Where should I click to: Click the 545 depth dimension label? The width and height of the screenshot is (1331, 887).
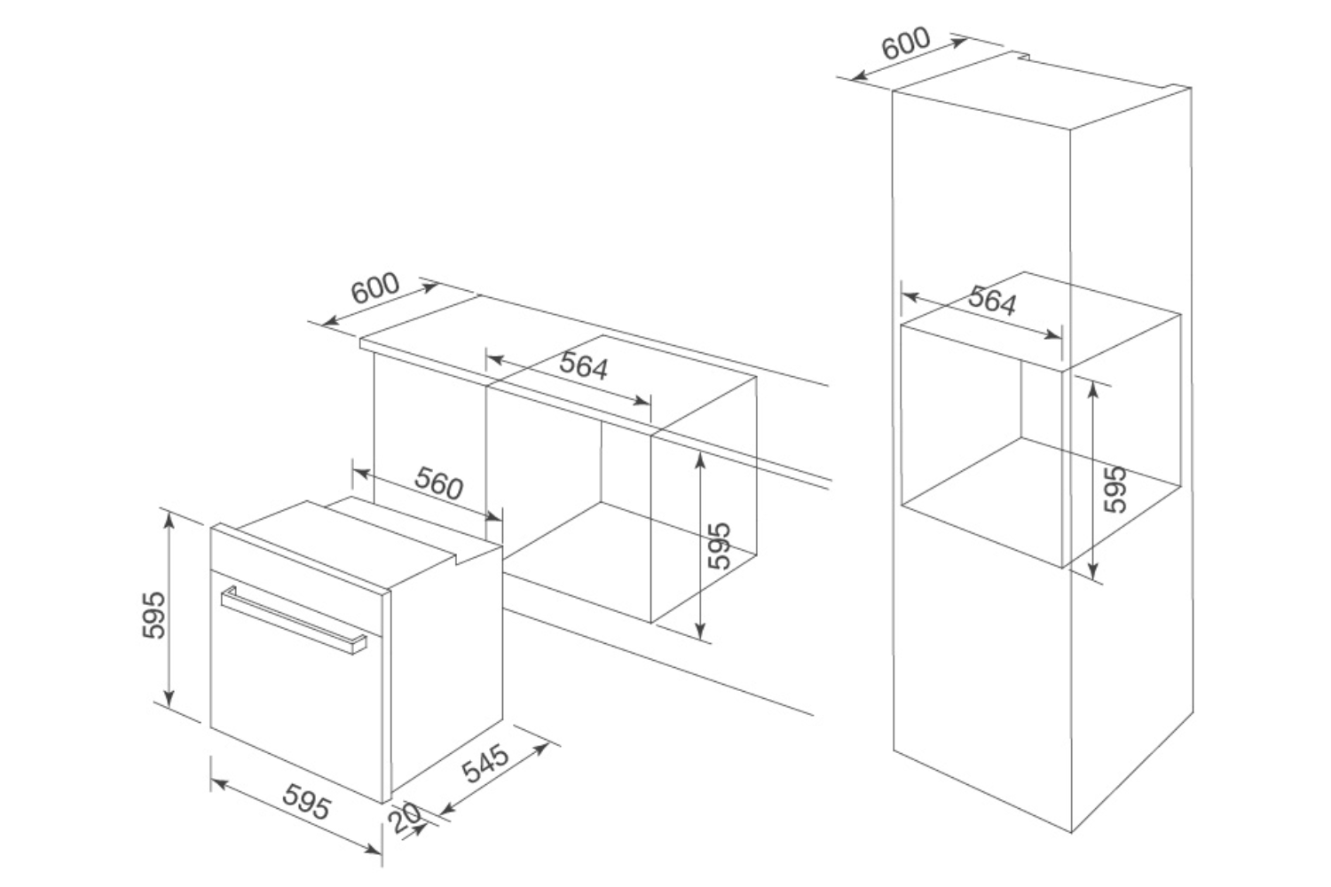pos(486,764)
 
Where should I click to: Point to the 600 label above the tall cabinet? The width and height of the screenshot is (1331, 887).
pos(906,43)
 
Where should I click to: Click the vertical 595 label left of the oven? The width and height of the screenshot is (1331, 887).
pos(154,614)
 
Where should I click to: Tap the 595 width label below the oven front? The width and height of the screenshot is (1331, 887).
pos(307,804)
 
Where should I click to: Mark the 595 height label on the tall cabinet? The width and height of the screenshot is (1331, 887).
pos(1114,488)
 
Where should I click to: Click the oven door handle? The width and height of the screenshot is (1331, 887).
pos(293,618)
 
